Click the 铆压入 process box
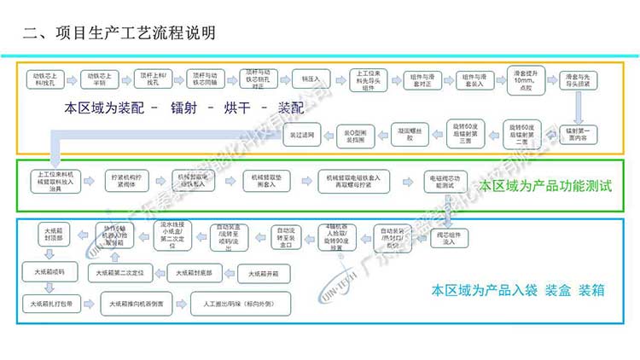coord(309,78)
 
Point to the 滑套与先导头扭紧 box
coord(581,79)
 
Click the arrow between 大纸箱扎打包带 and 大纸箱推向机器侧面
coord(89,302)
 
